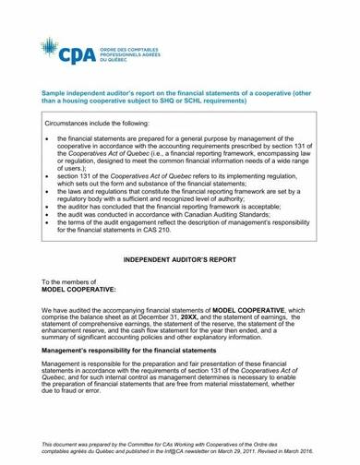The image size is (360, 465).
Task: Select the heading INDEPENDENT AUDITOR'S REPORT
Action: tap(179, 263)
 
